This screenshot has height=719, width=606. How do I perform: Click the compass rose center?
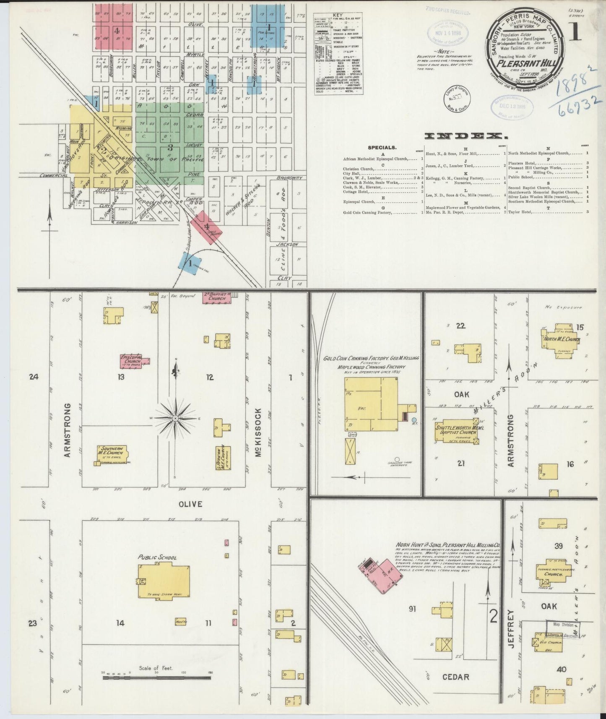coord(176,418)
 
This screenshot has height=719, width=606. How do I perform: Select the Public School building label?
coord(158,557)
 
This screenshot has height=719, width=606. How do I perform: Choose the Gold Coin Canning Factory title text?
coord(371,359)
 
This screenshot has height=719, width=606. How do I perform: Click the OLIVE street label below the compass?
coord(191,504)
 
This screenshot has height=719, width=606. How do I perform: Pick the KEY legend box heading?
coord(337,15)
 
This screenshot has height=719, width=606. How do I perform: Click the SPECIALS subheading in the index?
coord(382,148)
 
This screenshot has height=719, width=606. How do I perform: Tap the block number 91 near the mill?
coord(412,609)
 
